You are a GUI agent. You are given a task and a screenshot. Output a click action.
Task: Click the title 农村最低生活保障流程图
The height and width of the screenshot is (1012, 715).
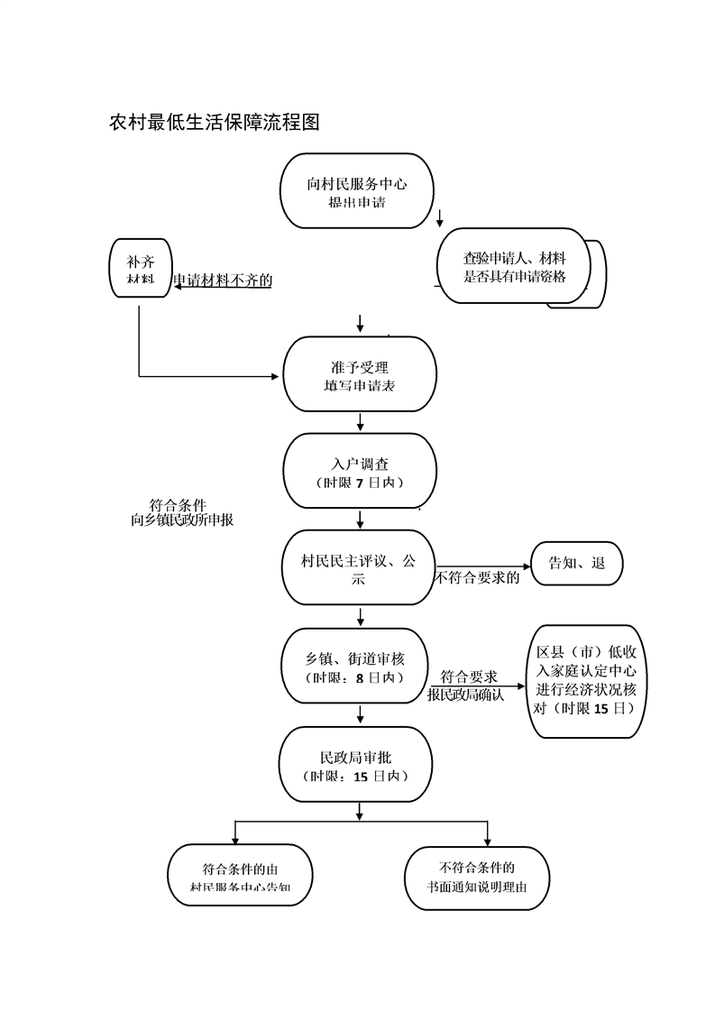[215, 123]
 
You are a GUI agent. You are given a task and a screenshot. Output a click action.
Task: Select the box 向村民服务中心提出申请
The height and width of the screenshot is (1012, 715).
[357, 191]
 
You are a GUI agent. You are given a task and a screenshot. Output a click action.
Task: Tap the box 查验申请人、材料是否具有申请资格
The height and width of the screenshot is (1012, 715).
[514, 268]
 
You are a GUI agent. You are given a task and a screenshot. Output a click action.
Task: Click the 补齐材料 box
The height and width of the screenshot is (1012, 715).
[140, 270]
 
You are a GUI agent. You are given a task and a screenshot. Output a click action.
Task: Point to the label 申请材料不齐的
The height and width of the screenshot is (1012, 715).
[223, 281]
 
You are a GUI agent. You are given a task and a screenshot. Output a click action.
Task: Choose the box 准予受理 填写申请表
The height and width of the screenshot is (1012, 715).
[360, 375]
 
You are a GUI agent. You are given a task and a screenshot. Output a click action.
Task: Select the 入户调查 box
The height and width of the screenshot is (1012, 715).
[360, 472]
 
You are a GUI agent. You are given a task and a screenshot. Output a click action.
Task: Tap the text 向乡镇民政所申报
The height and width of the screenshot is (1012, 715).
[182, 520]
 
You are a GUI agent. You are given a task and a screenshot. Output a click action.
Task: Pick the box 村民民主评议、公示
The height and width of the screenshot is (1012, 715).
[360, 568]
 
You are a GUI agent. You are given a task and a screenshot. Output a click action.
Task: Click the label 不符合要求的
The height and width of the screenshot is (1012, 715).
[478, 578]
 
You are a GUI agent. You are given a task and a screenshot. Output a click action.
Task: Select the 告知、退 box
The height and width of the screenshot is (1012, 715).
[577, 565]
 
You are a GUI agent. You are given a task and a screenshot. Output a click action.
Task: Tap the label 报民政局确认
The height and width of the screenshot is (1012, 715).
[465, 695]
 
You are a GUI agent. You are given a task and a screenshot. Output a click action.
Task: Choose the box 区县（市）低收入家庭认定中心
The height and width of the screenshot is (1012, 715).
[587, 681]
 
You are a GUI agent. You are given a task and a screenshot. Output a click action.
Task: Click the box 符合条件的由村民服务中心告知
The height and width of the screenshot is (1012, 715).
[240, 878]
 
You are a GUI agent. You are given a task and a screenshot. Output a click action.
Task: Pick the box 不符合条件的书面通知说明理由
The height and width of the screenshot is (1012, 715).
[477, 877]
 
